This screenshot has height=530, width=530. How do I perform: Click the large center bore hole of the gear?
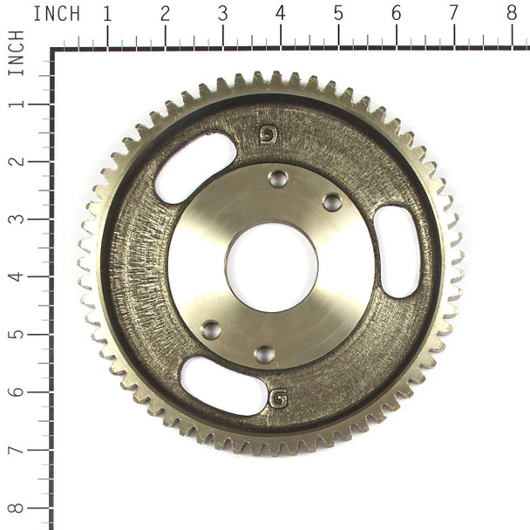[271, 267]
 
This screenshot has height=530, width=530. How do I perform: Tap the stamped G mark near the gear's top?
[268, 134]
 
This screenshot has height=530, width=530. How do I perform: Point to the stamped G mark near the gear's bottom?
[278, 398]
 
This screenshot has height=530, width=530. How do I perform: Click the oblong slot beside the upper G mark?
[194, 166]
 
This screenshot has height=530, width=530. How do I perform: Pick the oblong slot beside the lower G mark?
[223, 384]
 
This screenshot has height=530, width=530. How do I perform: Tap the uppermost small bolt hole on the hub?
[278, 179]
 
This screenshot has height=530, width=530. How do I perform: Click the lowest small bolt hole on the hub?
[264, 354]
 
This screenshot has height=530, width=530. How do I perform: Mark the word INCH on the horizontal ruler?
[57, 14]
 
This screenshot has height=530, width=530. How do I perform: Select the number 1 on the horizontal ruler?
[107, 14]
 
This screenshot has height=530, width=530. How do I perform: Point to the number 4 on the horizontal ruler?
[280, 14]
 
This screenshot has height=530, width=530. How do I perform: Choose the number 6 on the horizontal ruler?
[396, 14]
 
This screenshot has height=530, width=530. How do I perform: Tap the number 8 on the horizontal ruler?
[511, 14]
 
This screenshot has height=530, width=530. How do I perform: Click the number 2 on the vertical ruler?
[16, 162]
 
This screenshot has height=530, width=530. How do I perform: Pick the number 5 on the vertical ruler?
[16, 335]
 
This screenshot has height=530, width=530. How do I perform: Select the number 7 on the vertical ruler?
[16, 450]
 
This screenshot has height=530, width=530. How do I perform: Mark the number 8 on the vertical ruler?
[16, 507]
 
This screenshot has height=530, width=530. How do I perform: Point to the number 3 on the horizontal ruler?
[222, 14]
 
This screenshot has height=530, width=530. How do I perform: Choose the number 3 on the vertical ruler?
[16, 220]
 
